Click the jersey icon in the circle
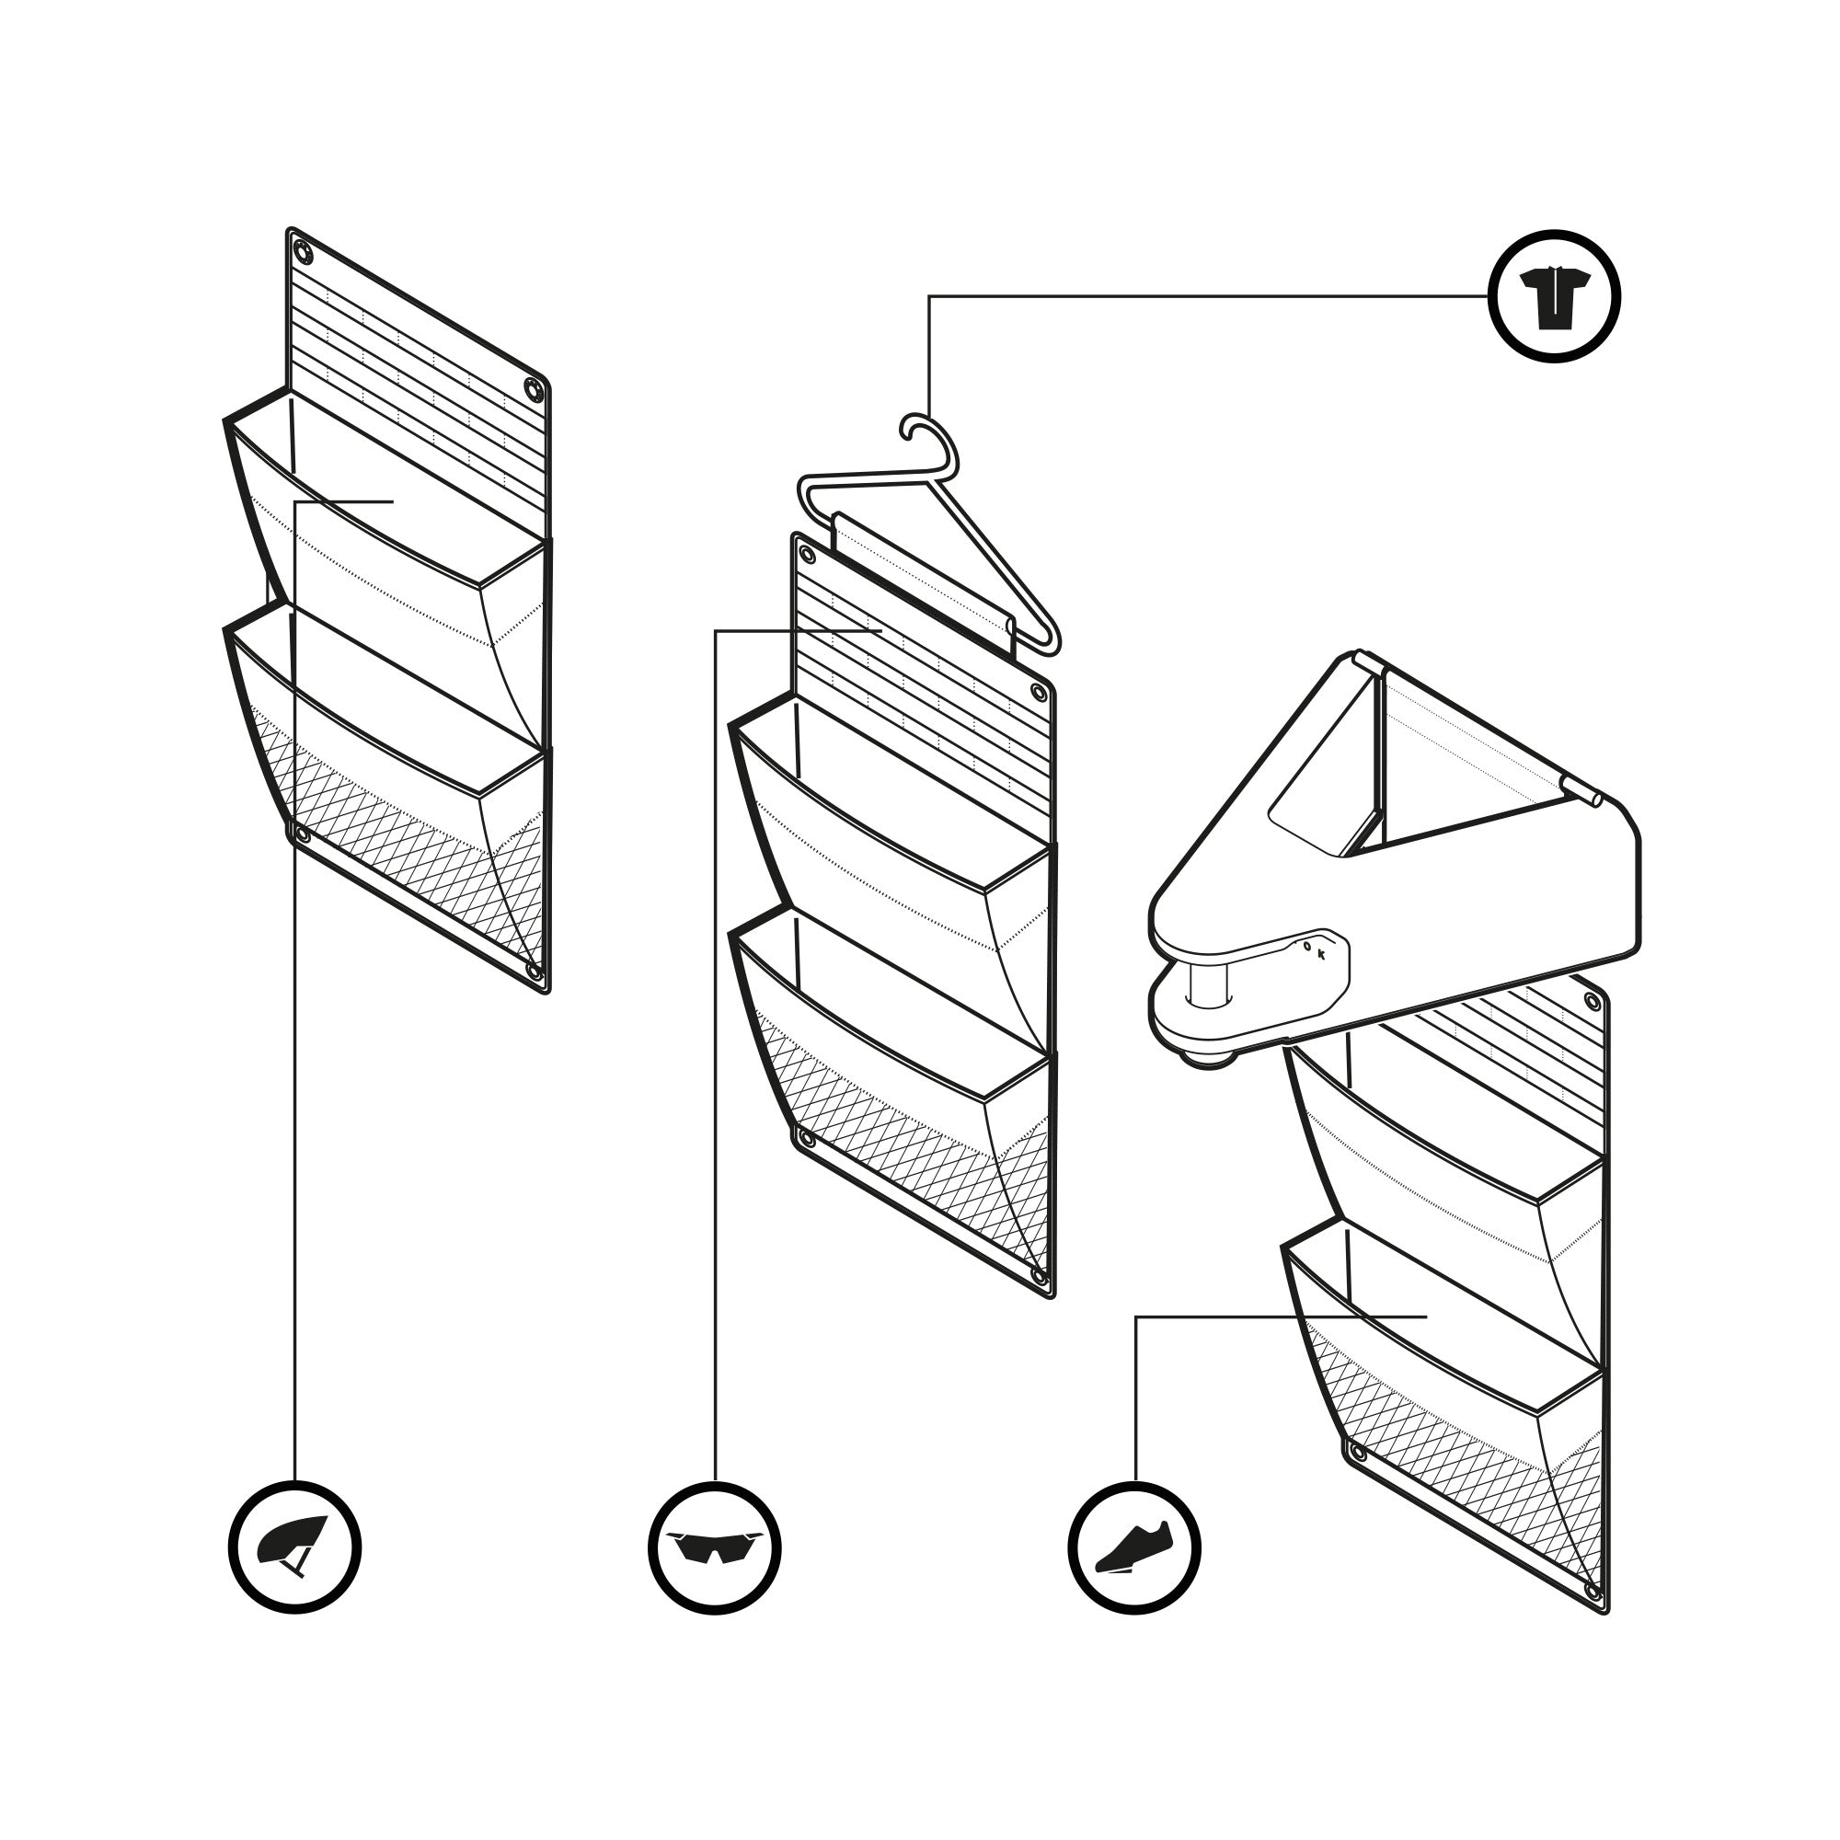click(x=1553, y=296)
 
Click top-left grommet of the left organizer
click(x=303, y=252)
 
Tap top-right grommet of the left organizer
click(x=533, y=389)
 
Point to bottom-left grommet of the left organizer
click(x=303, y=835)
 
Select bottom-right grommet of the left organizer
click(x=534, y=972)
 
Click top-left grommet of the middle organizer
click(x=808, y=554)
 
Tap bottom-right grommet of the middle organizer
click(x=1038, y=1277)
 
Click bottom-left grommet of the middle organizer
click(x=807, y=1138)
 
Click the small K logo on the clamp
click(x=1322, y=954)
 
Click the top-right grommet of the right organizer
click(x=1592, y=1001)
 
